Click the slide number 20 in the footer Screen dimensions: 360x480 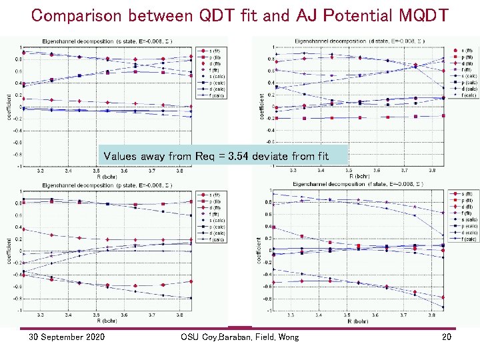tap(447, 337)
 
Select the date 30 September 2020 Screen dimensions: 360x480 tap(66, 337)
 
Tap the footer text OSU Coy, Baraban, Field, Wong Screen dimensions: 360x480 tap(239, 337)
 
